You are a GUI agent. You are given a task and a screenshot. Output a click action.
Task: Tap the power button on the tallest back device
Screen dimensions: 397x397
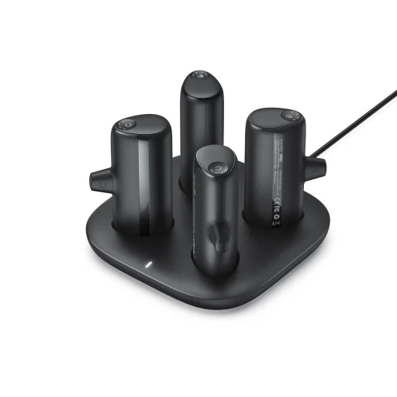(x=198, y=76)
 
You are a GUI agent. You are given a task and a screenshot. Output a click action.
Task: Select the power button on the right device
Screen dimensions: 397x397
(x=290, y=116)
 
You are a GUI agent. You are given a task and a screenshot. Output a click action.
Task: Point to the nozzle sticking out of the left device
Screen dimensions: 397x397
(x=98, y=181)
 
